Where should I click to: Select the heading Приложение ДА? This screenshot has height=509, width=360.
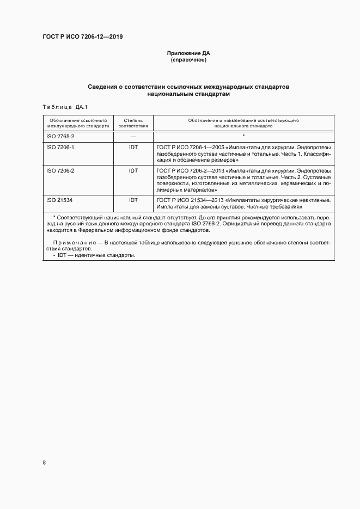[x=188, y=53]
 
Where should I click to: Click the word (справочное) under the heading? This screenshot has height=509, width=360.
[x=188, y=60]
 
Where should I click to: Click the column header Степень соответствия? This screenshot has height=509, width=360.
[x=133, y=122]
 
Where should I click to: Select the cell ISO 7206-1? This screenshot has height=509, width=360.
[x=60, y=147]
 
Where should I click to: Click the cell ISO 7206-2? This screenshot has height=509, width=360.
[x=60, y=170]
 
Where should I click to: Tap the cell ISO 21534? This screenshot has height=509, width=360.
[x=59, y=200]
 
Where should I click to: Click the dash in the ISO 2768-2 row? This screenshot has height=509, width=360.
[x=133, y=136]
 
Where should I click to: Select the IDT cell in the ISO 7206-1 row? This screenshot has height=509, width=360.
[x=133, y=147]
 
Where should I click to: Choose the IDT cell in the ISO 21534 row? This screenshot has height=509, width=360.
[x=133, y=200]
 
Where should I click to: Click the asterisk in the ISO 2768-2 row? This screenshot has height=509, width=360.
[x=243, y=136]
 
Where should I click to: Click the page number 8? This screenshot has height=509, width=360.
[x=44, y=463]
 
